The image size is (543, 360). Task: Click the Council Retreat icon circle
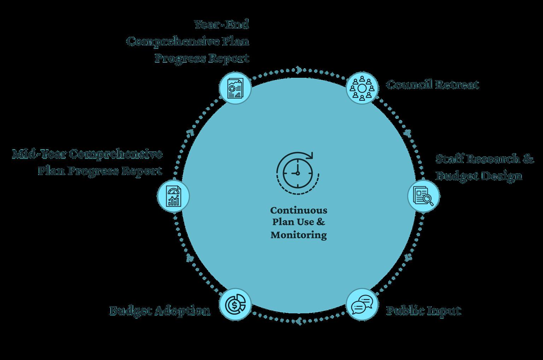pos(362,88)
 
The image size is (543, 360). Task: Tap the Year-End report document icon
pos(235,88)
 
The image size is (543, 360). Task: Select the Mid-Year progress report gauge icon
pos(173,196)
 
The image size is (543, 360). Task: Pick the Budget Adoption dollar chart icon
pos(235,304)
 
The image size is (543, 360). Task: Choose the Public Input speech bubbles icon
pos(362,304)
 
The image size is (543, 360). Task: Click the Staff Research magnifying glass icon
pos(424,196)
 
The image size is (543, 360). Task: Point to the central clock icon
pos(298,173)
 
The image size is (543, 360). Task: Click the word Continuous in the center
pos(299,210)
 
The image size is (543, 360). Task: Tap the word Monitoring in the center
pos(299,235)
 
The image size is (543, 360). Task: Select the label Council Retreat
pos(432,85)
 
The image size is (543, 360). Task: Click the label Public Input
pos(424,311)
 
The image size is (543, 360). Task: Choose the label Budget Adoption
pos(159,311)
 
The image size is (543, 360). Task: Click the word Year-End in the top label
pos(221,24)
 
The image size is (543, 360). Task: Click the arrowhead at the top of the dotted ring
pos(299,70)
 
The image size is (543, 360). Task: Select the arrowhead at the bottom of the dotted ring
pos(299,321)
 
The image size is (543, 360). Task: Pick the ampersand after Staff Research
pos(528,159)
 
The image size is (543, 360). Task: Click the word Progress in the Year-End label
pos(180,58)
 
